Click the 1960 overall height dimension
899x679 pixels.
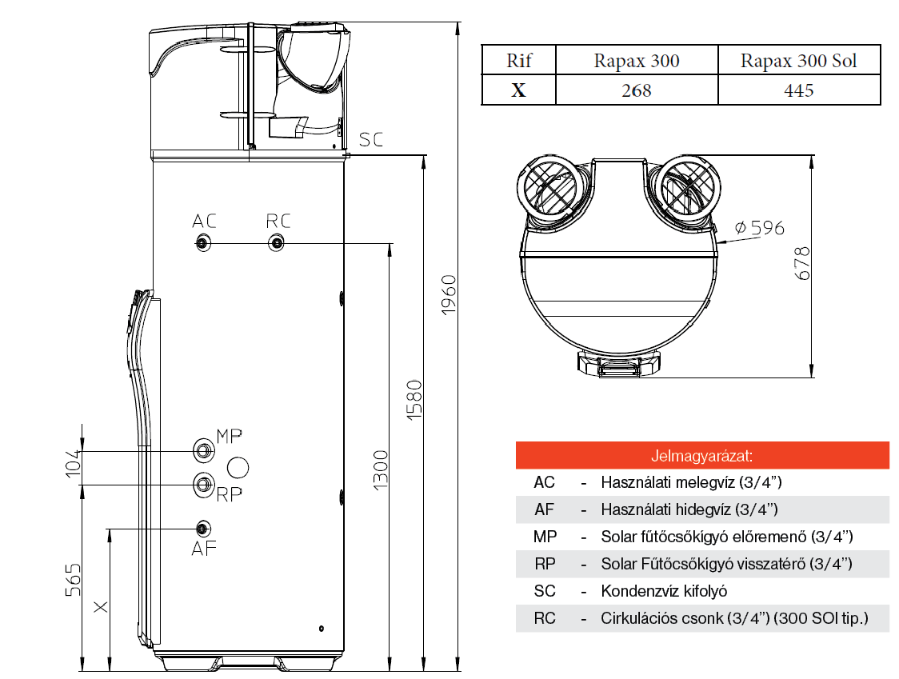449,294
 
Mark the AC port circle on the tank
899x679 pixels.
204,242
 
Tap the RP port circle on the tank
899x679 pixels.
204,483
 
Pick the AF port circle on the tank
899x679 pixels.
203,529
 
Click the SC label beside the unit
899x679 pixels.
371,140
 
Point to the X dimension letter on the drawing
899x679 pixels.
101,607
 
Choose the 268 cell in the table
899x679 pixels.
637,90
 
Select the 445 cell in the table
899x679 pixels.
798,90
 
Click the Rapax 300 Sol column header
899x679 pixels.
798,61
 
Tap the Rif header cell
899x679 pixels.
519,61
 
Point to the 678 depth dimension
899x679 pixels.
803,263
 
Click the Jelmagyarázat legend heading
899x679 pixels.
702,456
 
